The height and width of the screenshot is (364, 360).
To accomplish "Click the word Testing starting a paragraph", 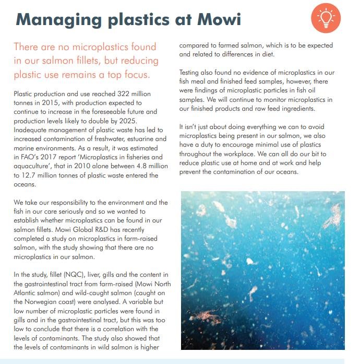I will click(x=190, y=73).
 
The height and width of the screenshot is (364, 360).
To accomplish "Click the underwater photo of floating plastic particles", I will click(x=262, y=270).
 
